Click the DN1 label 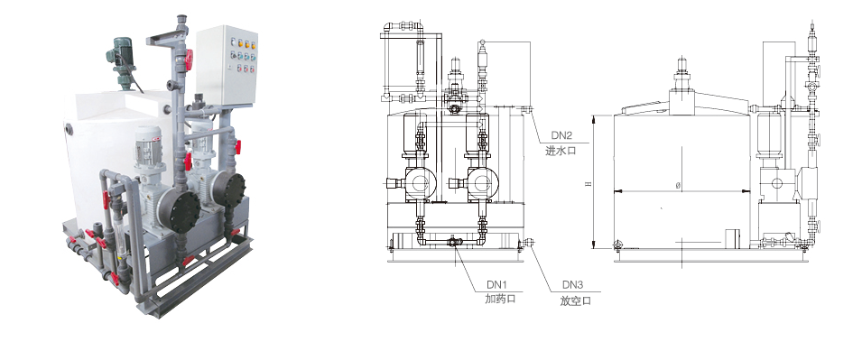pyautogui.click(x=496, y=285)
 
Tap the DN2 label pyautogui.click(x=561, y=135)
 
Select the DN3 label pyautogui.click(x=572, y=285)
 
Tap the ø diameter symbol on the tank pyautogui.click(x=678, y=186)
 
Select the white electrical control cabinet pyautogui.click(x=227, y=65)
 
